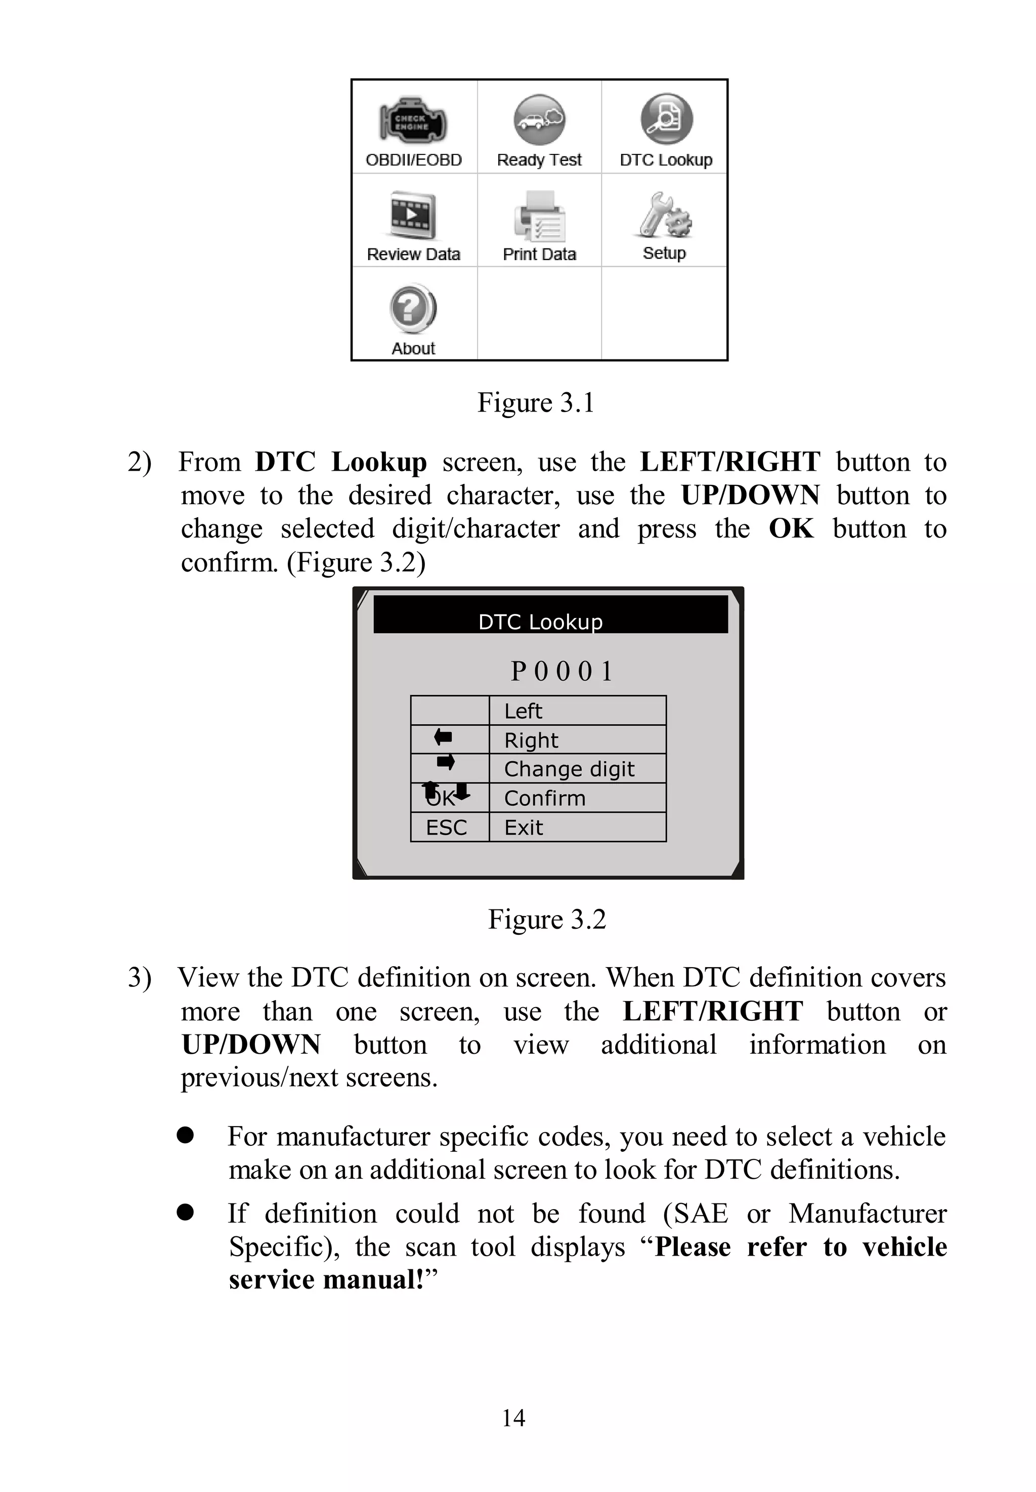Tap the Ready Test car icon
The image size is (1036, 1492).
tap(539, 120)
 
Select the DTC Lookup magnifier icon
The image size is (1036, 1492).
tap(667, 119)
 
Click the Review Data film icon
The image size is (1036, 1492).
tap(413, 216)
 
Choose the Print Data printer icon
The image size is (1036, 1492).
tap(539, 216)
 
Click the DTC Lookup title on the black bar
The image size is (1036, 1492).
tap(540, 622)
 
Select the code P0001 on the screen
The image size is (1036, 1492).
tap(562, 671)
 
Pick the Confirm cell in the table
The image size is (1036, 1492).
tap(545, 798)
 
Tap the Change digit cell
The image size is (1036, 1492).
tap(569, 769)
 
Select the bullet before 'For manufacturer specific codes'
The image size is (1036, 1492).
tap(185, 1135)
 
